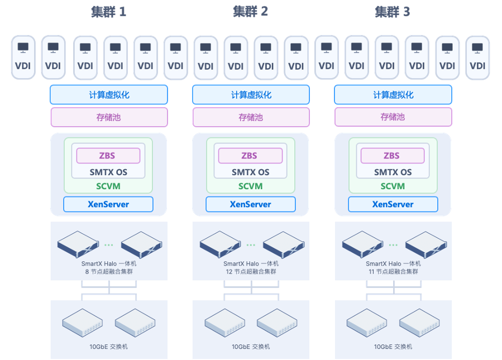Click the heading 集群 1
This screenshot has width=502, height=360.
click(x=108, y=12)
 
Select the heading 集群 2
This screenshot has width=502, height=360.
click(x=250, y=12)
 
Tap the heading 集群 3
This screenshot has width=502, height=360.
click(x=393, y=12)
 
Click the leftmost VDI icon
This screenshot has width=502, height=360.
click(x=23, y=57)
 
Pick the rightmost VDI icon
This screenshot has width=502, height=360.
click(x=477, y=57)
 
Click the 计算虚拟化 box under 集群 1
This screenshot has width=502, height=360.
click(x=109, y=95)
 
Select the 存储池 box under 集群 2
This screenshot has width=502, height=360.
click(x=251, y=117)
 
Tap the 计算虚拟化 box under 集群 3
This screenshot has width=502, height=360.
click(x=393, y=95)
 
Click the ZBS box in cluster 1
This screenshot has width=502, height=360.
click(x=108, y=156)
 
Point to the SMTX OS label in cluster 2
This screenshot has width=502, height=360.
click(x=250, y=172)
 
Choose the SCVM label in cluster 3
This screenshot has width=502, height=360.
click(x=393, y=186)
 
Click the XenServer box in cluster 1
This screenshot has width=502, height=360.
click(x=108, y=204)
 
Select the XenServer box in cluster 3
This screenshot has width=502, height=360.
click(x=393, y=204)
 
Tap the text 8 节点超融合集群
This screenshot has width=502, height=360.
click(x=109, y=272)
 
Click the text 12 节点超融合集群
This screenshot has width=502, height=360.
click(x=251, y=272)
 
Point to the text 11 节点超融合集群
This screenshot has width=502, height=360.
click(x=393, y=272)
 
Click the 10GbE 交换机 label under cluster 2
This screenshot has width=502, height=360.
click(x=251, y=347)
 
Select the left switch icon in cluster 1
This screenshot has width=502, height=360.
click(x=83, y=323)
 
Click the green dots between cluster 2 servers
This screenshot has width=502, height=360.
click(x=251, y=245)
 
